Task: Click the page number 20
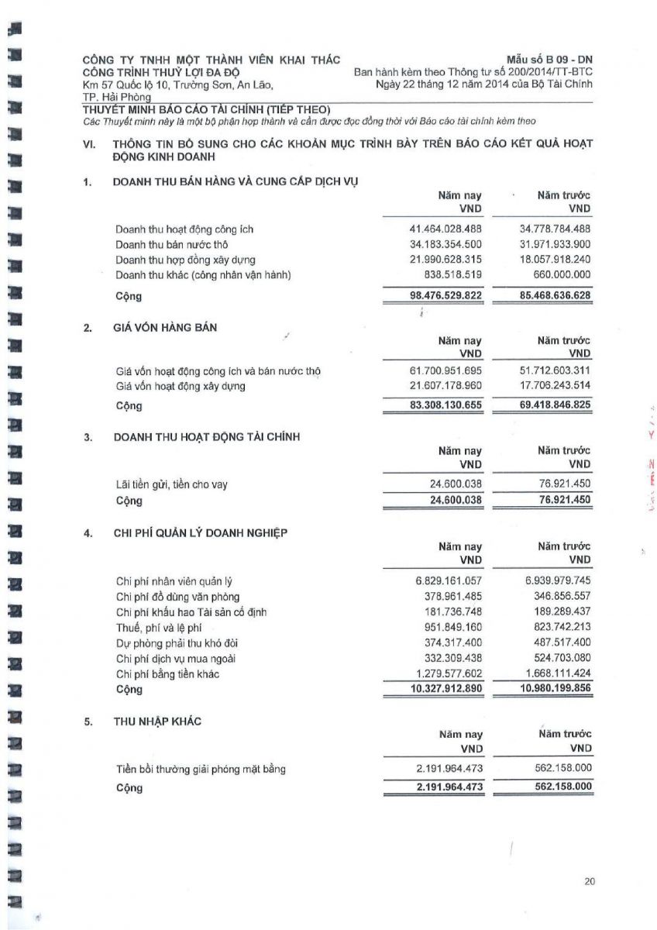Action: (590, 880)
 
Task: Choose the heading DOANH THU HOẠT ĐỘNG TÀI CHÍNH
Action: (207, 437)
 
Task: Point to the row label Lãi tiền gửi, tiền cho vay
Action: (171, 485)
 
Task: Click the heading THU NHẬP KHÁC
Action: (157, 721)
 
